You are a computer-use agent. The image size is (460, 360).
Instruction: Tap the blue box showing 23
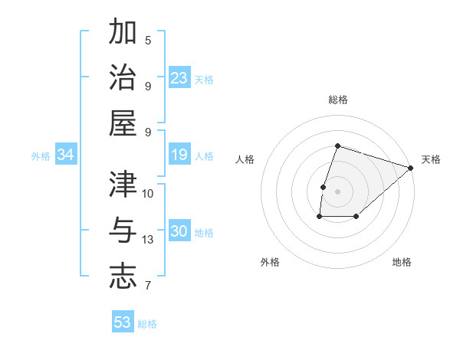pos(179,77)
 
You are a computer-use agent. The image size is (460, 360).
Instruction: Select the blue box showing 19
pos(179,155)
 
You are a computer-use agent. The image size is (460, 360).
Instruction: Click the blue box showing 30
pos(179,232)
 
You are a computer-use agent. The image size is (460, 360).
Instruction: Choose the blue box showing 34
pos(66,155)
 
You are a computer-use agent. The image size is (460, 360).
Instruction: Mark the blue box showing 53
pos(123,322)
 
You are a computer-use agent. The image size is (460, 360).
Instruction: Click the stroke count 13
pos(149,240)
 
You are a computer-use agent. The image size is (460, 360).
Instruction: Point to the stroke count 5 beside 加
pos(148,41)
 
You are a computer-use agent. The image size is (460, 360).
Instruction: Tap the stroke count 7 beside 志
pos(148,286)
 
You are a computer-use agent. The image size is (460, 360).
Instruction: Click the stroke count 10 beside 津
pos(149,194)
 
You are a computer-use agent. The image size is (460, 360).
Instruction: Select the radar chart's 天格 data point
pos(411,168)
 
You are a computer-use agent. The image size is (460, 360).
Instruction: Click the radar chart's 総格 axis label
pos(337,100)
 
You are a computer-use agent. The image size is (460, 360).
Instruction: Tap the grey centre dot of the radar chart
pos(337,191)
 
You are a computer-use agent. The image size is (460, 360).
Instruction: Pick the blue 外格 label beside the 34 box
pos(41,156)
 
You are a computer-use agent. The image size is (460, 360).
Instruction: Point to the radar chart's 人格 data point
pos(324,187)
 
